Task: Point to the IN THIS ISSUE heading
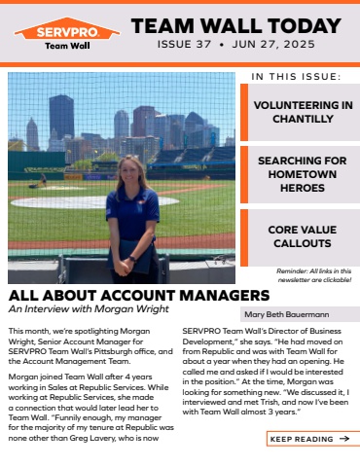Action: (296, 76)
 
